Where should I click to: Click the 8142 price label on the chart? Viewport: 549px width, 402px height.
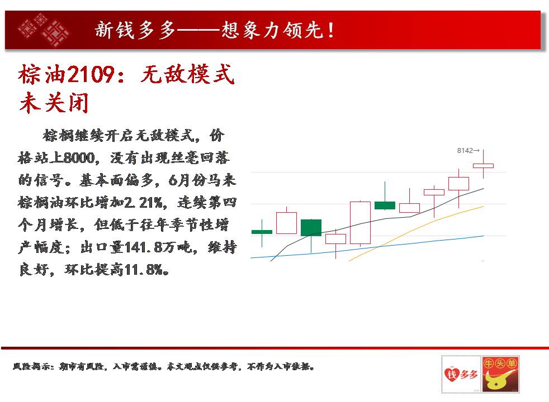coord(465,151)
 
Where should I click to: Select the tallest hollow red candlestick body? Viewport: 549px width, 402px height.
coord(360,223)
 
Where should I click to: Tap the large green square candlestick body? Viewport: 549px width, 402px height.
coord(311,228)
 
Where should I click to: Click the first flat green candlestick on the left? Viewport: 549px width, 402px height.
coord(262,232)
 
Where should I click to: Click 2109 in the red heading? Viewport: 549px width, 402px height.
coord(91,74)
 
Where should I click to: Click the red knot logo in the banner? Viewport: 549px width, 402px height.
coord(44,30)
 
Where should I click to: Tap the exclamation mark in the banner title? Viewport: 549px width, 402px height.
coord(330,30)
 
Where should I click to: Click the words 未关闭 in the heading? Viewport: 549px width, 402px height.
coord(54,103)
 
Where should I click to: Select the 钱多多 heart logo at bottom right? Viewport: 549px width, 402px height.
coord(461,374)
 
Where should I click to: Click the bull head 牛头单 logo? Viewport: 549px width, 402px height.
coord(500,374)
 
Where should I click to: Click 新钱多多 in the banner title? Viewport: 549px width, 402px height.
coord(135,30)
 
